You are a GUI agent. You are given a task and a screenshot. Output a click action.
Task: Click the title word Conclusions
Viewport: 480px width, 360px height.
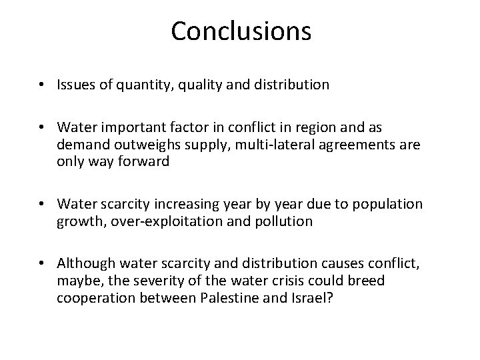tap(241, 31)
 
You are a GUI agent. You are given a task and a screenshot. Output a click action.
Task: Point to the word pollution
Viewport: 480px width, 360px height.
tap(283, 221)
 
